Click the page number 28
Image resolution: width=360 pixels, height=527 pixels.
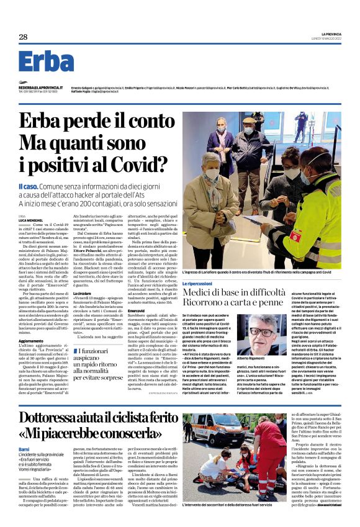pyautogui.click(x=23, y=37)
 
